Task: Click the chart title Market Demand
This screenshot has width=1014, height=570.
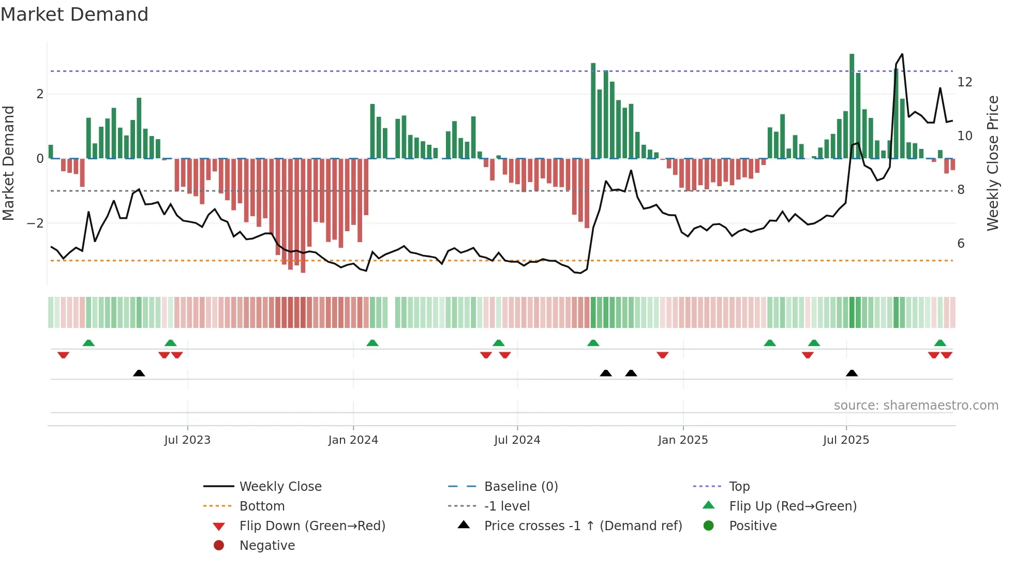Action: point(74,14)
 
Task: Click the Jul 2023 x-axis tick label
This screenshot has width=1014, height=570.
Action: point(187,440)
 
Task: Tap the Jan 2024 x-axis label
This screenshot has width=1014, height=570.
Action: point(353,440)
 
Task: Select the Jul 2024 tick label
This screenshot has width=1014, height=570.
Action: point(517,440)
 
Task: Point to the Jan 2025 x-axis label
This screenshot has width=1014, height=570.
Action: point(683,440)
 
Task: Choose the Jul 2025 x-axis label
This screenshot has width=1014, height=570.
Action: point(846,440)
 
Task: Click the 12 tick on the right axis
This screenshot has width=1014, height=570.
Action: point(964,82)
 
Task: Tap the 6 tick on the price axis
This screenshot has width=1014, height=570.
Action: point(961,244)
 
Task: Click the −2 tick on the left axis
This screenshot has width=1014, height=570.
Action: point(36,223)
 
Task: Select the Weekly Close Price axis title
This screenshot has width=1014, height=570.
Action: point(992,163)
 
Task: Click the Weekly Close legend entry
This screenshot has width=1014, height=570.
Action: point(280,487)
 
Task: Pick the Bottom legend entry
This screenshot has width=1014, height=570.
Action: point(262,506)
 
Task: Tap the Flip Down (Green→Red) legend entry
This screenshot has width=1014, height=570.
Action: point(312,526)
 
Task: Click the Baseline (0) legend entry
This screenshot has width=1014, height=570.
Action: point(520,487)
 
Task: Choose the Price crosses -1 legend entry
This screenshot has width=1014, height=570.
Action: point(583,526)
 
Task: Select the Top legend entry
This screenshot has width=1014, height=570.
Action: point(739,487)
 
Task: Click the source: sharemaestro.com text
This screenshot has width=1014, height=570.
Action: point(916,406)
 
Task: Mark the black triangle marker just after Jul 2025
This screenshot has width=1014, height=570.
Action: point(852,373)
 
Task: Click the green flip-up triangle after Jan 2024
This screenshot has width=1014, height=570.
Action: point(372,343)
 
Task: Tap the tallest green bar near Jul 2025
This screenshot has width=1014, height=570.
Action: point(852,106)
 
